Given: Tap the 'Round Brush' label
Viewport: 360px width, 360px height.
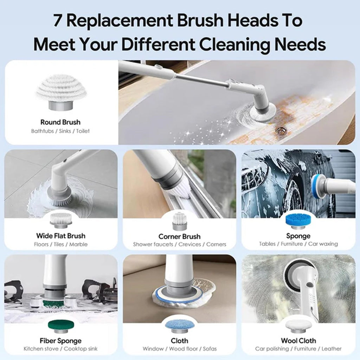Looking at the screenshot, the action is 60,122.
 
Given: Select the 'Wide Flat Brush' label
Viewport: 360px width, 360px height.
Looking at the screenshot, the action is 60,236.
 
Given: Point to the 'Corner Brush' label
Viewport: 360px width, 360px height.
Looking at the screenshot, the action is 179,236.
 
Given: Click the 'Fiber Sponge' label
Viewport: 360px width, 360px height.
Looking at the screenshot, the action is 60,340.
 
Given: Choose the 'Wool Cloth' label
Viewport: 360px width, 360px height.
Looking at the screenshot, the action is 298,340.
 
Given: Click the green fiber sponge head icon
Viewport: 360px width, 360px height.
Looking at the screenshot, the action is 61,326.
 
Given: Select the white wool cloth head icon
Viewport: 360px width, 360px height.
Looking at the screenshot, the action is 298,326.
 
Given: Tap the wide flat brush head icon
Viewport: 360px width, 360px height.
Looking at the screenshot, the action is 61,220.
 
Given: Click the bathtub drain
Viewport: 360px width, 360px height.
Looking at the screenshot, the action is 279,131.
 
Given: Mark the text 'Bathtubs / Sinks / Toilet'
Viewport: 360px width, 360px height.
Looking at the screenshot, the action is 60,131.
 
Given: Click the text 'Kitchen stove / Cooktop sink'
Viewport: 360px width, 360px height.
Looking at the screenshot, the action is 60,349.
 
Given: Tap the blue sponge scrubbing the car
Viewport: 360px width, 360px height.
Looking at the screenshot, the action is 318,185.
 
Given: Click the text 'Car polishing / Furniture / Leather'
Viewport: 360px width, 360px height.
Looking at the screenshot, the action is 298,349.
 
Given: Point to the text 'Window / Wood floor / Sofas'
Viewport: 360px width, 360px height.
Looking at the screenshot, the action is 180,349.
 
